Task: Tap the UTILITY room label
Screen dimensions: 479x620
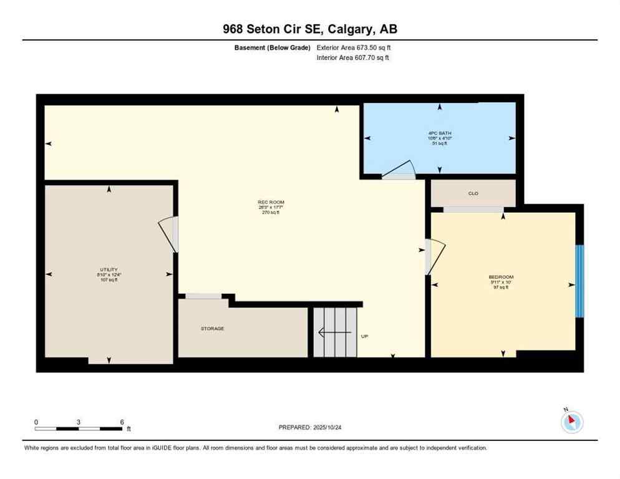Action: click(109, 269)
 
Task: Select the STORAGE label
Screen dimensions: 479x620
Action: click(212, 328)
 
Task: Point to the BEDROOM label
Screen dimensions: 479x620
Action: click(501, 277)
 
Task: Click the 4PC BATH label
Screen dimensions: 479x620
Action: click(440, 133)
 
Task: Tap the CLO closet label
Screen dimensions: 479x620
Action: click(473, 193)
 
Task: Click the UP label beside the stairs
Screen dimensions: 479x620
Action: click(365, 336)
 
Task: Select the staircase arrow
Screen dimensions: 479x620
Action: click(334, 333)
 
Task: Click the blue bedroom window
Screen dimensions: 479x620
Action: click(579, 281)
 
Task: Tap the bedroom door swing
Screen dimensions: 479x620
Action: click(435, 256)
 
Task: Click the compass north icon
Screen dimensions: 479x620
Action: click(571, 422)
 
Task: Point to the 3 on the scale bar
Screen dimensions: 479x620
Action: click(79, 422)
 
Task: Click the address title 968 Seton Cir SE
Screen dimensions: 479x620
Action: click(310, 29)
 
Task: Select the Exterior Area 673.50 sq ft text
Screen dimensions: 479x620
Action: click(354, 47)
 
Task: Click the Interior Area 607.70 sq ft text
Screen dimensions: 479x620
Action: click(353, 58)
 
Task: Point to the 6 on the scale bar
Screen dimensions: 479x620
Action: click(122, 422)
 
